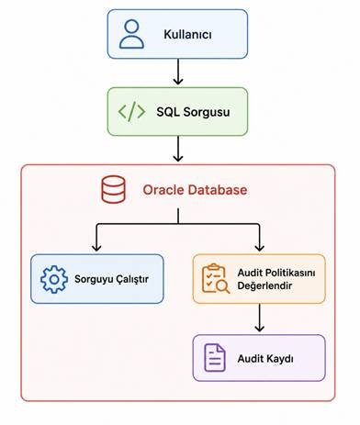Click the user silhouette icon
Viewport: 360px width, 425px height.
click(x=131, y=34)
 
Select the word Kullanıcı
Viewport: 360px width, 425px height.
click(x=187, y=34)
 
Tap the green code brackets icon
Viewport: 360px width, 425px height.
click(x=131, y=112)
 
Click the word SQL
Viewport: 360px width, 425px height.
click(x=168, y=112)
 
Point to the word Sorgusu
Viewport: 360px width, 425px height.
click(x=207, y=112)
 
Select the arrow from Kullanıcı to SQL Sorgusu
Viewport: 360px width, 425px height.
click(x=178, y=72)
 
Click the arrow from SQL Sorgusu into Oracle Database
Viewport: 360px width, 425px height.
click(x=178, y=149)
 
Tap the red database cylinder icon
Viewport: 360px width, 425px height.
click(x=113, y=189)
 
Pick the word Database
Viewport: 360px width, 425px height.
click(x=218, y=190)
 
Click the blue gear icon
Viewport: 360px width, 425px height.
click(x=54, y=279)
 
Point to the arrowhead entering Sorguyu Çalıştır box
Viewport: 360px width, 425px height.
click(x=96, y=247)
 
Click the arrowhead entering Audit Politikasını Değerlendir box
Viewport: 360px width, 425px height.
click(x=259, y=247)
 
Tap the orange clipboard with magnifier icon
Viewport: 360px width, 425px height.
click(x=216, y=279)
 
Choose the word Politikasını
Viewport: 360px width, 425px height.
click(x=287, y=273)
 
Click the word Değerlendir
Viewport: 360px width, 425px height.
click(x=264, y=285)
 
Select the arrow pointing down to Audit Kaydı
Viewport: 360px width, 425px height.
click(x=259, y=318)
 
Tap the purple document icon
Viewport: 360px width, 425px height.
click(x=215, y=358)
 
